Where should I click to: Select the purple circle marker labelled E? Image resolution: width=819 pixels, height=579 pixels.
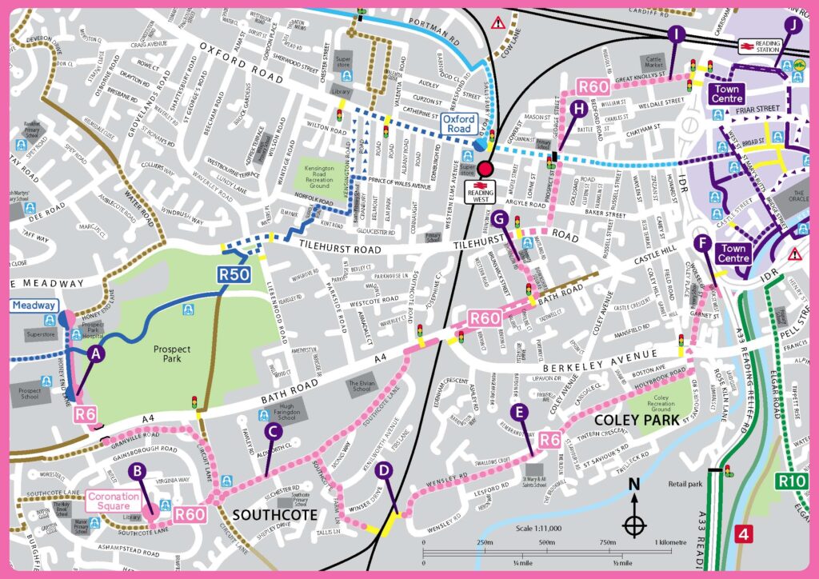(521, 412)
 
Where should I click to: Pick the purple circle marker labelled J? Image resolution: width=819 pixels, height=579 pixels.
(793, 24)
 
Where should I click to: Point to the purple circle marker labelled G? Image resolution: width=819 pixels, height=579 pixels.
(501, 219)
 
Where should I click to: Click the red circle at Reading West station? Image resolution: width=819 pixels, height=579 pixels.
(485, 169)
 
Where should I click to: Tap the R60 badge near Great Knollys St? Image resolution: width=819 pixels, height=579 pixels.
(594, 86)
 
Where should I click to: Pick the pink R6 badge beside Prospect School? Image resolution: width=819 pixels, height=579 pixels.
(86, 413)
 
